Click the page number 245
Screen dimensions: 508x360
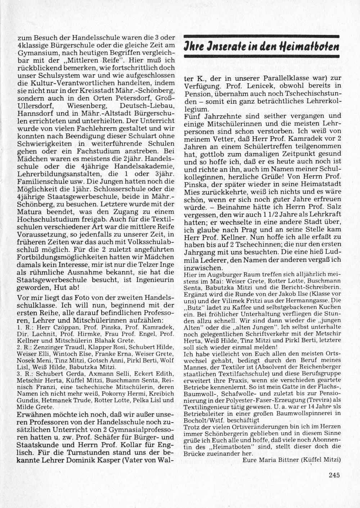click(334, 475)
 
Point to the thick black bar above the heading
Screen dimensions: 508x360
click(262, 36)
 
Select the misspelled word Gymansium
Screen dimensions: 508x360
click(35, 53)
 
